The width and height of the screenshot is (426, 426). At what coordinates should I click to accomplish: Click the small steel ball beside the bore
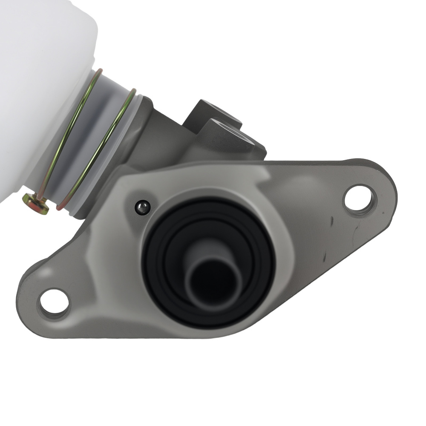pyautogui.click(x=142, y=208)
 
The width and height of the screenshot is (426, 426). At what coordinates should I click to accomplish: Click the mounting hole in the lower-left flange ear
pyautogui.click(x=54, y=303)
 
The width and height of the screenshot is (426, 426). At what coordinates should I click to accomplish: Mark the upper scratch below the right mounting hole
pyautogui.click(x=331, y=221)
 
